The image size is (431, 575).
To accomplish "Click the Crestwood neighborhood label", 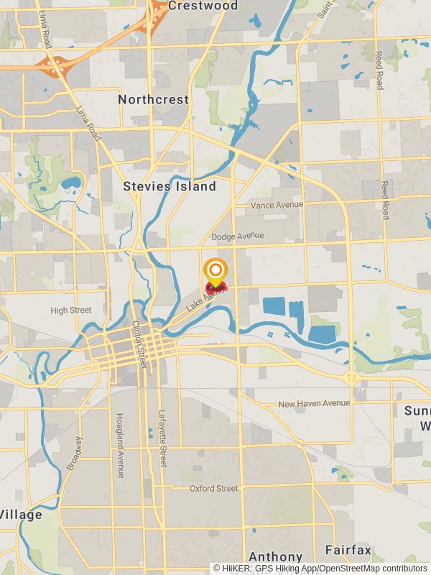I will tap(203, 6).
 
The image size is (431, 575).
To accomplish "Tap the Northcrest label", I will tap(153, 99).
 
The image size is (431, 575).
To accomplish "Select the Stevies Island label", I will tap(170, 186).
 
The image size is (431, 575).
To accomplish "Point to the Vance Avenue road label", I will tap(277, 206).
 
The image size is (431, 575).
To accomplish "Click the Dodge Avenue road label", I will tap(238, 236).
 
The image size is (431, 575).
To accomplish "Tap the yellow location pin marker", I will tap(215, 272).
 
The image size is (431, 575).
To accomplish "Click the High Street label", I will tap(71, 310).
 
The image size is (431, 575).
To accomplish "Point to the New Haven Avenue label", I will tap(314, 404).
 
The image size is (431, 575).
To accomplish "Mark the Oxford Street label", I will tap(213, 489).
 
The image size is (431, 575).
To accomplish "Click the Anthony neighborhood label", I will tap(275, 557).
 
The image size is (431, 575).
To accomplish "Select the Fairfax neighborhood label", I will tap(348, 551).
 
